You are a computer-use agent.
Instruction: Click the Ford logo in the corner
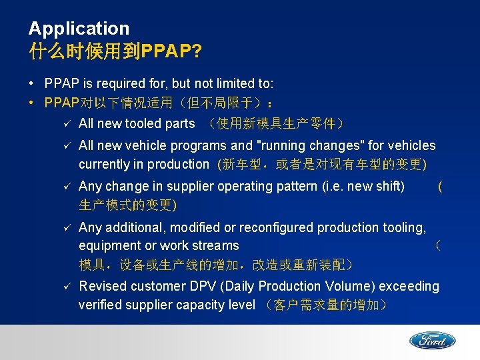(432, 341)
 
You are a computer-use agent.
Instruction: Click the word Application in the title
(79, 29)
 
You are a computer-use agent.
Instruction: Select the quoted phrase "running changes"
(307, 145)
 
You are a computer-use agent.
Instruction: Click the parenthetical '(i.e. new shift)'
(362, 186)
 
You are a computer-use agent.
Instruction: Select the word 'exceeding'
(409, 286)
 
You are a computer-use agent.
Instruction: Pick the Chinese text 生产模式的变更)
(128, 205)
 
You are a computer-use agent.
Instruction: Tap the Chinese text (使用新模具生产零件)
(275, 123)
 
